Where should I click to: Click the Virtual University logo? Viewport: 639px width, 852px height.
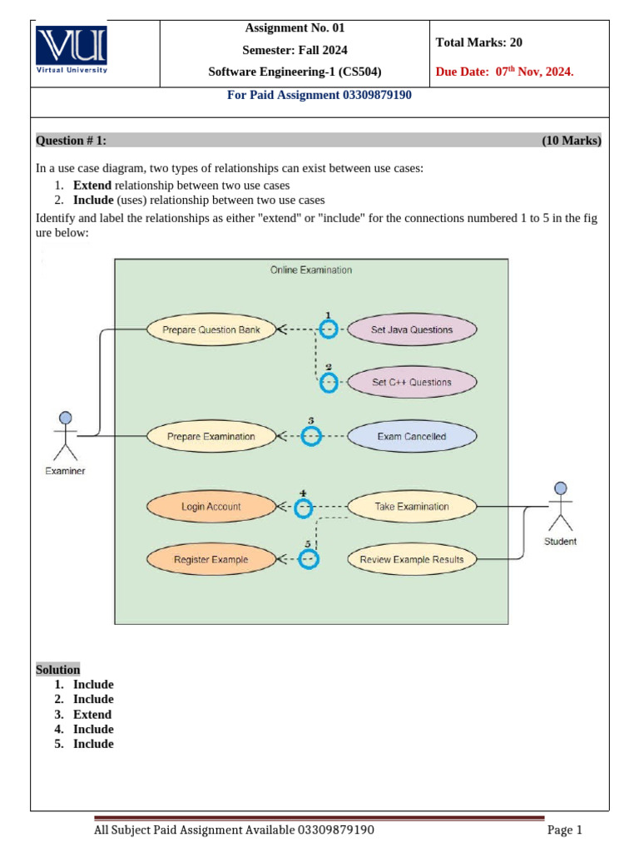[72, 52]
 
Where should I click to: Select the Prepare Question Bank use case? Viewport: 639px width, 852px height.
[211, 329]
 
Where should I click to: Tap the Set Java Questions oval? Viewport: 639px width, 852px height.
[412, 329]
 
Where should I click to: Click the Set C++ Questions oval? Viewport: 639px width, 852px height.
[412, 383]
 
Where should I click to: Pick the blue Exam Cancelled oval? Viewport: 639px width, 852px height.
[412, 436]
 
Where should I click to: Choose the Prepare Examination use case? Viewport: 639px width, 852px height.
[211, 436]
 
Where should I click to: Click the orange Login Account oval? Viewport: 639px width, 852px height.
[211, 507]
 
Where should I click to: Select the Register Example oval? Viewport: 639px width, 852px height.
[211, 560]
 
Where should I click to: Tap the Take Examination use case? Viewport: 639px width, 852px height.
[412, 507]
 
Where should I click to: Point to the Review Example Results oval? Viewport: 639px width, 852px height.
[412, 560]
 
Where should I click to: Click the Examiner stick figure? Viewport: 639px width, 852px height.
[65, 436]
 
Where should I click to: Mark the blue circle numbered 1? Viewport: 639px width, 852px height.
[329, 329]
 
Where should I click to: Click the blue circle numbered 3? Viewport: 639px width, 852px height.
[311, 436]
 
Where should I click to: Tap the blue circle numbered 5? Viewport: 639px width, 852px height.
[309, 560]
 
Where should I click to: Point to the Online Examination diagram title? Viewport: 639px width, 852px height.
[311, 270]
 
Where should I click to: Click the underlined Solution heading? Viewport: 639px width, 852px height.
[58, 670]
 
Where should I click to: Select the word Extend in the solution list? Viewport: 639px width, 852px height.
[92, 715]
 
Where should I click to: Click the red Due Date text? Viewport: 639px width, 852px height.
[504, 72]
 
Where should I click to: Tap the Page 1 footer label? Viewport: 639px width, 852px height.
[565, 830]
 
